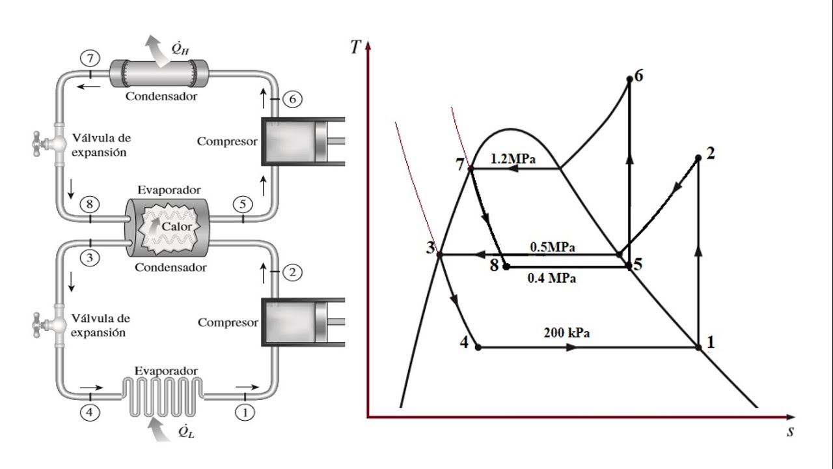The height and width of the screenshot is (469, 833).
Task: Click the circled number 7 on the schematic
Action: point(90,59)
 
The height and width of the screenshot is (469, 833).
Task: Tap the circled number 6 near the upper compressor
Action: point(292,99)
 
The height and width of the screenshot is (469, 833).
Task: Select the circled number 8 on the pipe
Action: point(90,204)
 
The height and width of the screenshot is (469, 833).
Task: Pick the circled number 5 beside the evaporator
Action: point(243,204)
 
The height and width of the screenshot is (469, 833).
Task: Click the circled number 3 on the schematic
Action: point(90,257)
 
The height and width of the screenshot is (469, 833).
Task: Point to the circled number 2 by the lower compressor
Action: point(292,272)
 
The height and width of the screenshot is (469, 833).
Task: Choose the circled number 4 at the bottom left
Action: point(90,412)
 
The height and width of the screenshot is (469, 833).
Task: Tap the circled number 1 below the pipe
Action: point(245,412)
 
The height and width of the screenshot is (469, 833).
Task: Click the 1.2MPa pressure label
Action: point(513,159)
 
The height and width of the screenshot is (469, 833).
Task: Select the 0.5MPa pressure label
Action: point(553,247)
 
